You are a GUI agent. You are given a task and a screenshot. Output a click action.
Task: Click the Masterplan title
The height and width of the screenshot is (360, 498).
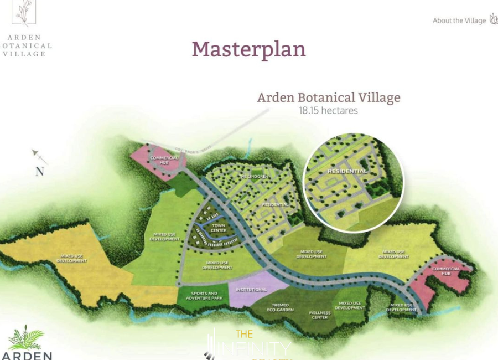(x=248, y=49)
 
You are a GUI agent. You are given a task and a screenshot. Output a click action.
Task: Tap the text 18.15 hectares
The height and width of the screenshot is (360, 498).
(x=328, y=110)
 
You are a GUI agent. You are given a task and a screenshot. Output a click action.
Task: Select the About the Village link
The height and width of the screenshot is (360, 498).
(x=459, y=20)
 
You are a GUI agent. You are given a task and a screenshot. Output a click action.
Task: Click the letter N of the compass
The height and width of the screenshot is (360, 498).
(x=39, y=172)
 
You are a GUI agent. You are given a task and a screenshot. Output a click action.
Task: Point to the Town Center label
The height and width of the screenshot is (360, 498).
(x=219, y=228)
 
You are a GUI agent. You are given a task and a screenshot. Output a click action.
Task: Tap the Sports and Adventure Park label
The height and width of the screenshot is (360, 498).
(x=204, y=296)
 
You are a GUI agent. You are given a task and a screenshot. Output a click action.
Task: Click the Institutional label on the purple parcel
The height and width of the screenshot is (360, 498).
(x=251, y=290)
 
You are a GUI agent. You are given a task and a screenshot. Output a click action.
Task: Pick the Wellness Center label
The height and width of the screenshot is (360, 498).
(x=319, y=315)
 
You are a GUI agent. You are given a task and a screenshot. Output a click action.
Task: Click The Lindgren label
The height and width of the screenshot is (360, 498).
(x=250, y=176)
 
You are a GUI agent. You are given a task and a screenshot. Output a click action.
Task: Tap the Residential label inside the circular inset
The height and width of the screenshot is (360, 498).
(x=347, y=171)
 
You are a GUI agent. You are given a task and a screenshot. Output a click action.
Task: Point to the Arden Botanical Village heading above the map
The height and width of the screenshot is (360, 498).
(x=328, y=97)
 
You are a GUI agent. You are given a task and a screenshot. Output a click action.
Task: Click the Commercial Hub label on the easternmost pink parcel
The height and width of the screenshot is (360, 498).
(x=446, y=271)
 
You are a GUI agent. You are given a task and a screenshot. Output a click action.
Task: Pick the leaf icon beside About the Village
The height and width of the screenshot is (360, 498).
(x=493, y=19)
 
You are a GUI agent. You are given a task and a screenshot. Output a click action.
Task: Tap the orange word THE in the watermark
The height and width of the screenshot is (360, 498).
(x=244, y=334)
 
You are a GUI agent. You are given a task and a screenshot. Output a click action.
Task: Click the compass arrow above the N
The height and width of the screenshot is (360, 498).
(x=39, y=157)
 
